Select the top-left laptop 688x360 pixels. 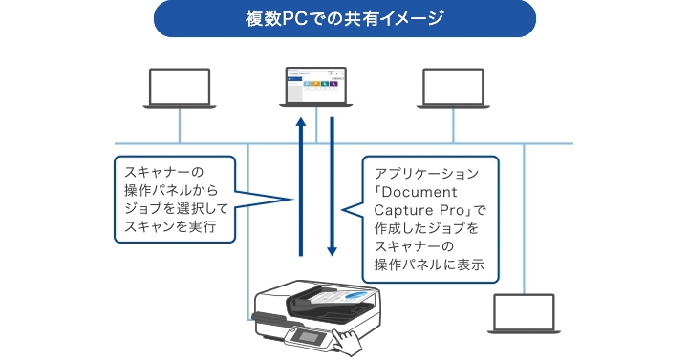pos(181,88)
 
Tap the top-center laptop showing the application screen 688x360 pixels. pos(316,88)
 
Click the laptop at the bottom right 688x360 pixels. pos(523,316)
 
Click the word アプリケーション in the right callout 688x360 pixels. pos(425,173)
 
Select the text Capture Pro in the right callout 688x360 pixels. pos(416,210)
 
